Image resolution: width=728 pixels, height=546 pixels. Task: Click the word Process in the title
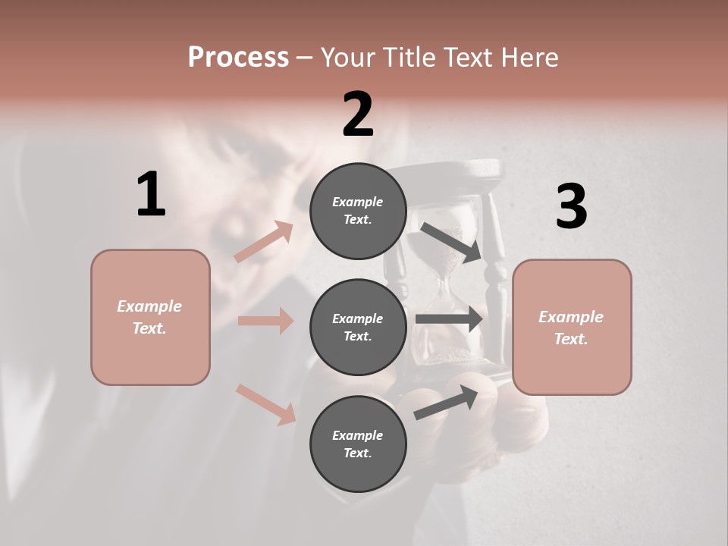(x=238, y=57)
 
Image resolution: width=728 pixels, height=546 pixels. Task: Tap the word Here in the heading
(x=527, y=57)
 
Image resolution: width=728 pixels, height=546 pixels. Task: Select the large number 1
(x=151, y=195)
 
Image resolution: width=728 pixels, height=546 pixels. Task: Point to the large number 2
(x=358, y=115)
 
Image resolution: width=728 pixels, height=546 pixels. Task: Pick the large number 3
(x=571, y=207)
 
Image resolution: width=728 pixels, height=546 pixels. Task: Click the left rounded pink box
(x=150, y=317)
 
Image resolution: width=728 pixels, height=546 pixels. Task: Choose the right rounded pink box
(x=572, y=327)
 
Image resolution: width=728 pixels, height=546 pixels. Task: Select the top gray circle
(x=358, y=211)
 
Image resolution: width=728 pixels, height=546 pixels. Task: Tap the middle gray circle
(x=358, y=327)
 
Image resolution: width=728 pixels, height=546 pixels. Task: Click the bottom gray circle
(x=358, y=444)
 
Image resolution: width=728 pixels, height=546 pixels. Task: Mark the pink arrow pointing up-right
(x=264, y=242)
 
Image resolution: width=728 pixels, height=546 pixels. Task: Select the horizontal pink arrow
(x=265, y=321)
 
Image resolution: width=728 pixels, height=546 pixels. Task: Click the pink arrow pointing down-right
(x=265, y=403)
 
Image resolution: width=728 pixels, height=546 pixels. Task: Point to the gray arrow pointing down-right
(x=451, y=242)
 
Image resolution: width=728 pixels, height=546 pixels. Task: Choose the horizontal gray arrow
(x=449, y=318)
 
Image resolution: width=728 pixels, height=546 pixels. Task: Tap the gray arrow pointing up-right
(x=446, y=403)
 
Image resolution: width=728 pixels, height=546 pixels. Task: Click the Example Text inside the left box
(x=149, y=317)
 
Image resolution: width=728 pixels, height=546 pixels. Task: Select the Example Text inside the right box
(x=571, y=328)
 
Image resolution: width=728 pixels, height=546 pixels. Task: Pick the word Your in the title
(x=348, y=57)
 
